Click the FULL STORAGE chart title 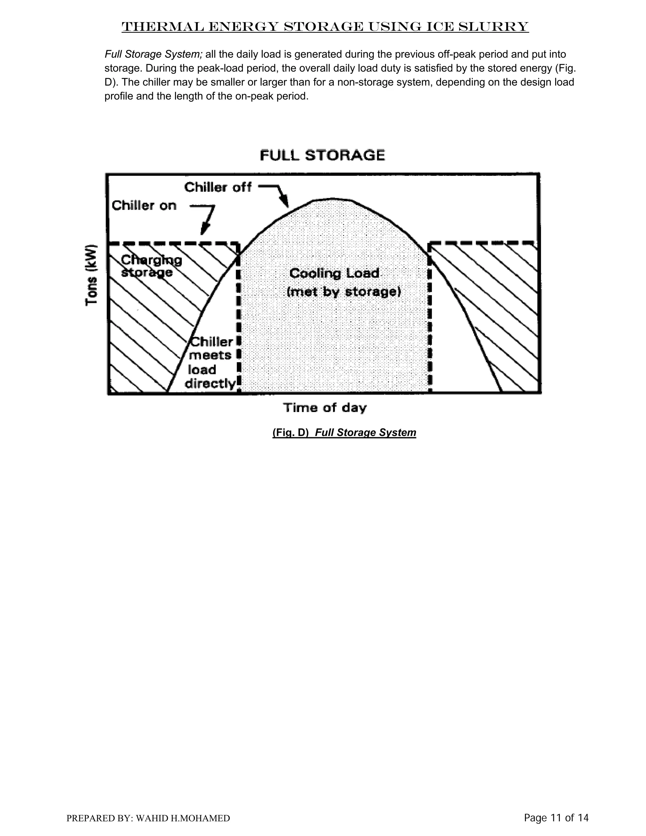pos(322,156)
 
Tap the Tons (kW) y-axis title pos(91,274)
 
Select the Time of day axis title pos(325,408)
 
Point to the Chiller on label pos(144,206)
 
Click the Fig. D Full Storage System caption pos(344,433)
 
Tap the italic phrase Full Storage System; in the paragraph pos(154,54)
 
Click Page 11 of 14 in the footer pos(556,818)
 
